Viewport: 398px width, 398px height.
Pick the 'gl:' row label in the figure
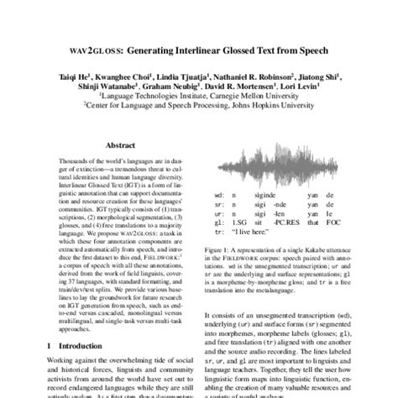[x=218, y=224]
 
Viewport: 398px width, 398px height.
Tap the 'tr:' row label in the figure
[x=218, y=235]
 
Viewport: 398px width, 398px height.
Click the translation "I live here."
[x=262, y=235]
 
